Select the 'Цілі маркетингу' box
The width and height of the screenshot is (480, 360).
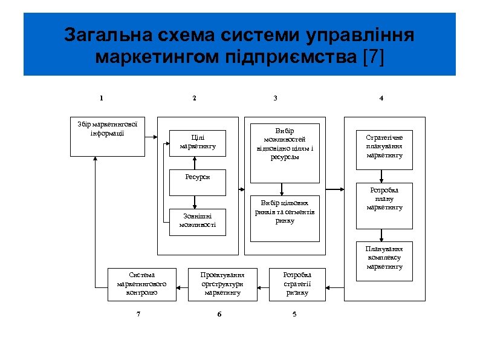[198, 143]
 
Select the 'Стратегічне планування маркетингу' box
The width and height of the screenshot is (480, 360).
[384, 146]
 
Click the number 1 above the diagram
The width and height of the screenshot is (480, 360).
[101, 98]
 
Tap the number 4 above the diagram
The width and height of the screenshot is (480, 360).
[381, 98]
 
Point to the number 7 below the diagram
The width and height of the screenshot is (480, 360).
[138, 313]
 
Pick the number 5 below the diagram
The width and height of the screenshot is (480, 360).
[294, 313]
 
